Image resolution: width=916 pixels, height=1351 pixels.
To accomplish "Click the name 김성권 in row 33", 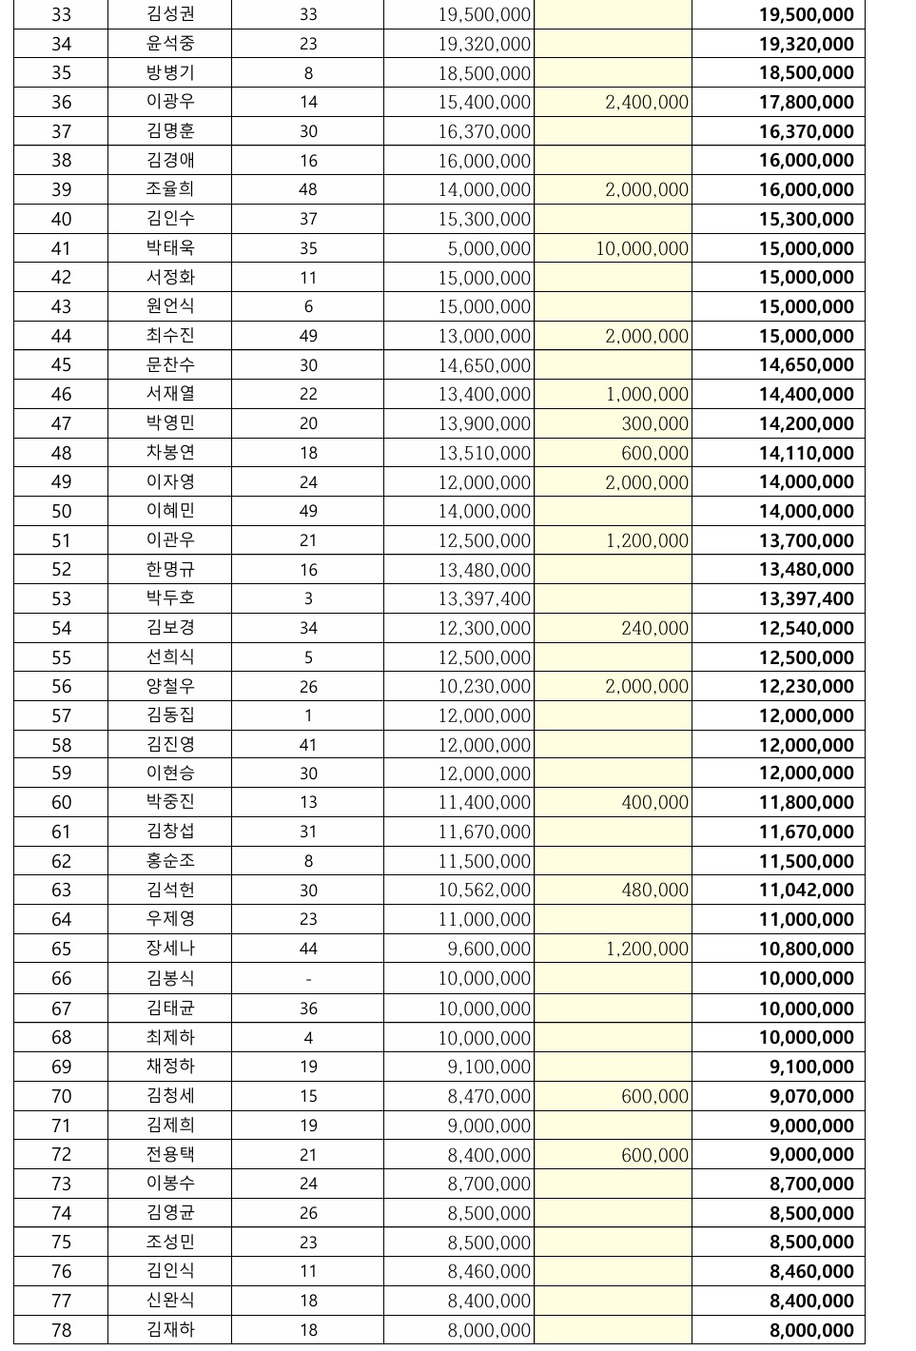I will [170, 14].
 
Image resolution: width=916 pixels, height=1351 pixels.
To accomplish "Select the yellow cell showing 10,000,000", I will [642, 248].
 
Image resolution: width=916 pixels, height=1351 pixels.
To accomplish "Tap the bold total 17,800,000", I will [806, 102].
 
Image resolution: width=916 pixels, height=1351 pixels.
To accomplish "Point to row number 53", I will [61, 598].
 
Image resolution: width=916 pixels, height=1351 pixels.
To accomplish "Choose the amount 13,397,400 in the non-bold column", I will [483, 598].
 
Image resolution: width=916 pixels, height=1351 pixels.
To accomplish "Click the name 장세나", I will [170, 949].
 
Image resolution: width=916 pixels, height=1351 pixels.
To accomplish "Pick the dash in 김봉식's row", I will [308, 978].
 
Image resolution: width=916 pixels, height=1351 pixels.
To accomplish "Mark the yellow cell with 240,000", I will [654, 628].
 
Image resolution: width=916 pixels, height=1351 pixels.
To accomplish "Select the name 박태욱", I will [170, 248].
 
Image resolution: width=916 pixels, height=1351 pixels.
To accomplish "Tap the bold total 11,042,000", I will [806, 890].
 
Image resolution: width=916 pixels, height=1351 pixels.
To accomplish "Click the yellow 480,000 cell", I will [654, 890].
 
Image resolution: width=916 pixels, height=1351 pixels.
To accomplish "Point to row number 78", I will [61, 1330].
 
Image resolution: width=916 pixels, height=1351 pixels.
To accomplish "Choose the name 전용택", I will [170, 1154].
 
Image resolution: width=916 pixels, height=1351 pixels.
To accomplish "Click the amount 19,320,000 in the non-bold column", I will [483, 44].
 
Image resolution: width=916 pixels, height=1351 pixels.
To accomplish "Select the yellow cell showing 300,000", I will [654, 423].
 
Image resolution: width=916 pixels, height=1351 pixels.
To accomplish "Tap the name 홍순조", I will [170, 861].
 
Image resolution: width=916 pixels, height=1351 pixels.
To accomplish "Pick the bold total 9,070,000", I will [811, 1096].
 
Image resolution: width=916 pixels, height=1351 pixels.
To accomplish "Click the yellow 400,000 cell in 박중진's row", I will [654, 802].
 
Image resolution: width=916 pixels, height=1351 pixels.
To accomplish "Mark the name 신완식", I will [170, 1301].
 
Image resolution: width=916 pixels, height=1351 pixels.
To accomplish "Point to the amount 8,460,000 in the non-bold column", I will [489, 1271].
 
